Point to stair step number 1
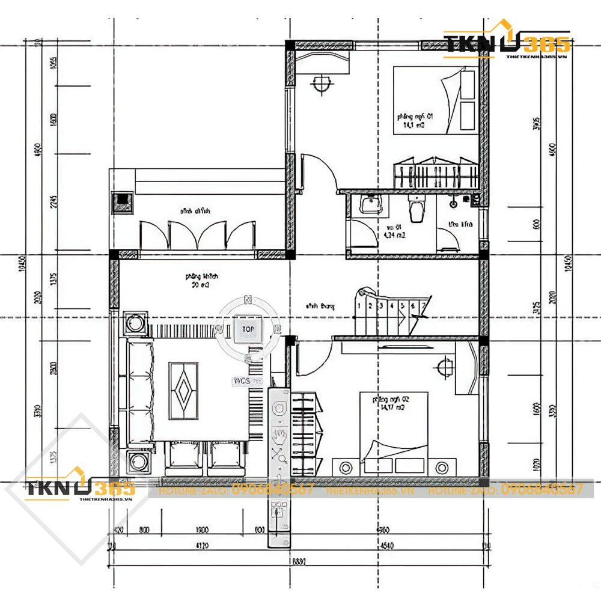(359, 305)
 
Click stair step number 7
(424, 305)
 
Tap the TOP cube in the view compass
(248, 329)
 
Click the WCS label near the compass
(240, 381)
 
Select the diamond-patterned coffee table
(183, 391)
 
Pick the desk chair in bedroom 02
(445, 366)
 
